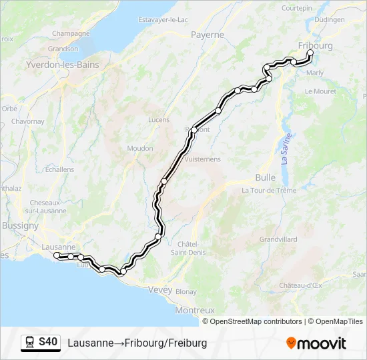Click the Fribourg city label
pyautogui.click(x=316, y=45)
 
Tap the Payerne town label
pyautogui.click(x=207, y=35)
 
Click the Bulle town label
pyautogui.click(x=265, y=177)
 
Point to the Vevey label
pyautogui.click(x=160, y=290)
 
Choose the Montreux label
pyautogui.click(x=194, y=310)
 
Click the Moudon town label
pyautogui.click(x=140, y=148)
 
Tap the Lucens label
pyautogui.click(x=157, y=120)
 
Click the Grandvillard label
pyautogui.click(x=279, y=238)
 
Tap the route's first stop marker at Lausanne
pyautogui.click(x=57, y=255)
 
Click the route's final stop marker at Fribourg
pyautogui.click(x=310, y=53)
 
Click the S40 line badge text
pyautogui.click(x=48, y=342)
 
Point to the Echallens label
pyautogui.click(x=60, y=169)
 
